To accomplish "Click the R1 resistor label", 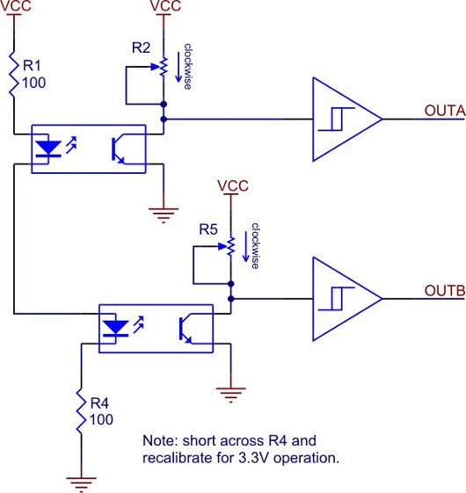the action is (33, 65).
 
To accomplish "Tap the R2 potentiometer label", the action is (141, 47).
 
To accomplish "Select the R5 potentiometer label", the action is (208, 229).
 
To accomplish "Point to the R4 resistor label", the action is (99, 403).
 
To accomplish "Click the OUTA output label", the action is (445, 111).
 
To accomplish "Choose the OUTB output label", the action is (445, 291).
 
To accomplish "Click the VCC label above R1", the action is (16, 5).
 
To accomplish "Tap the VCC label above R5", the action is (233, 185).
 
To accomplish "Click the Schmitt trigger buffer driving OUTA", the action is (347, 120).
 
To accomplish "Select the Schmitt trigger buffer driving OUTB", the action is (347, 299).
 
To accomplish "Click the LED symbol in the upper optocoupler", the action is (48, 149).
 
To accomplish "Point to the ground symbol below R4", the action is (81, 483).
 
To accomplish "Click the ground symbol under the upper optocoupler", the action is (164, 215).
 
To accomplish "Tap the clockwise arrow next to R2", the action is (178, 67).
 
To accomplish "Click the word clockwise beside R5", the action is (255, 245).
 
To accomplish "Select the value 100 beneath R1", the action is (34, 83).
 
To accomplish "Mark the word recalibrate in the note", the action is (178, 458).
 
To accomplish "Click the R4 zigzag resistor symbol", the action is (81, 411).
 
